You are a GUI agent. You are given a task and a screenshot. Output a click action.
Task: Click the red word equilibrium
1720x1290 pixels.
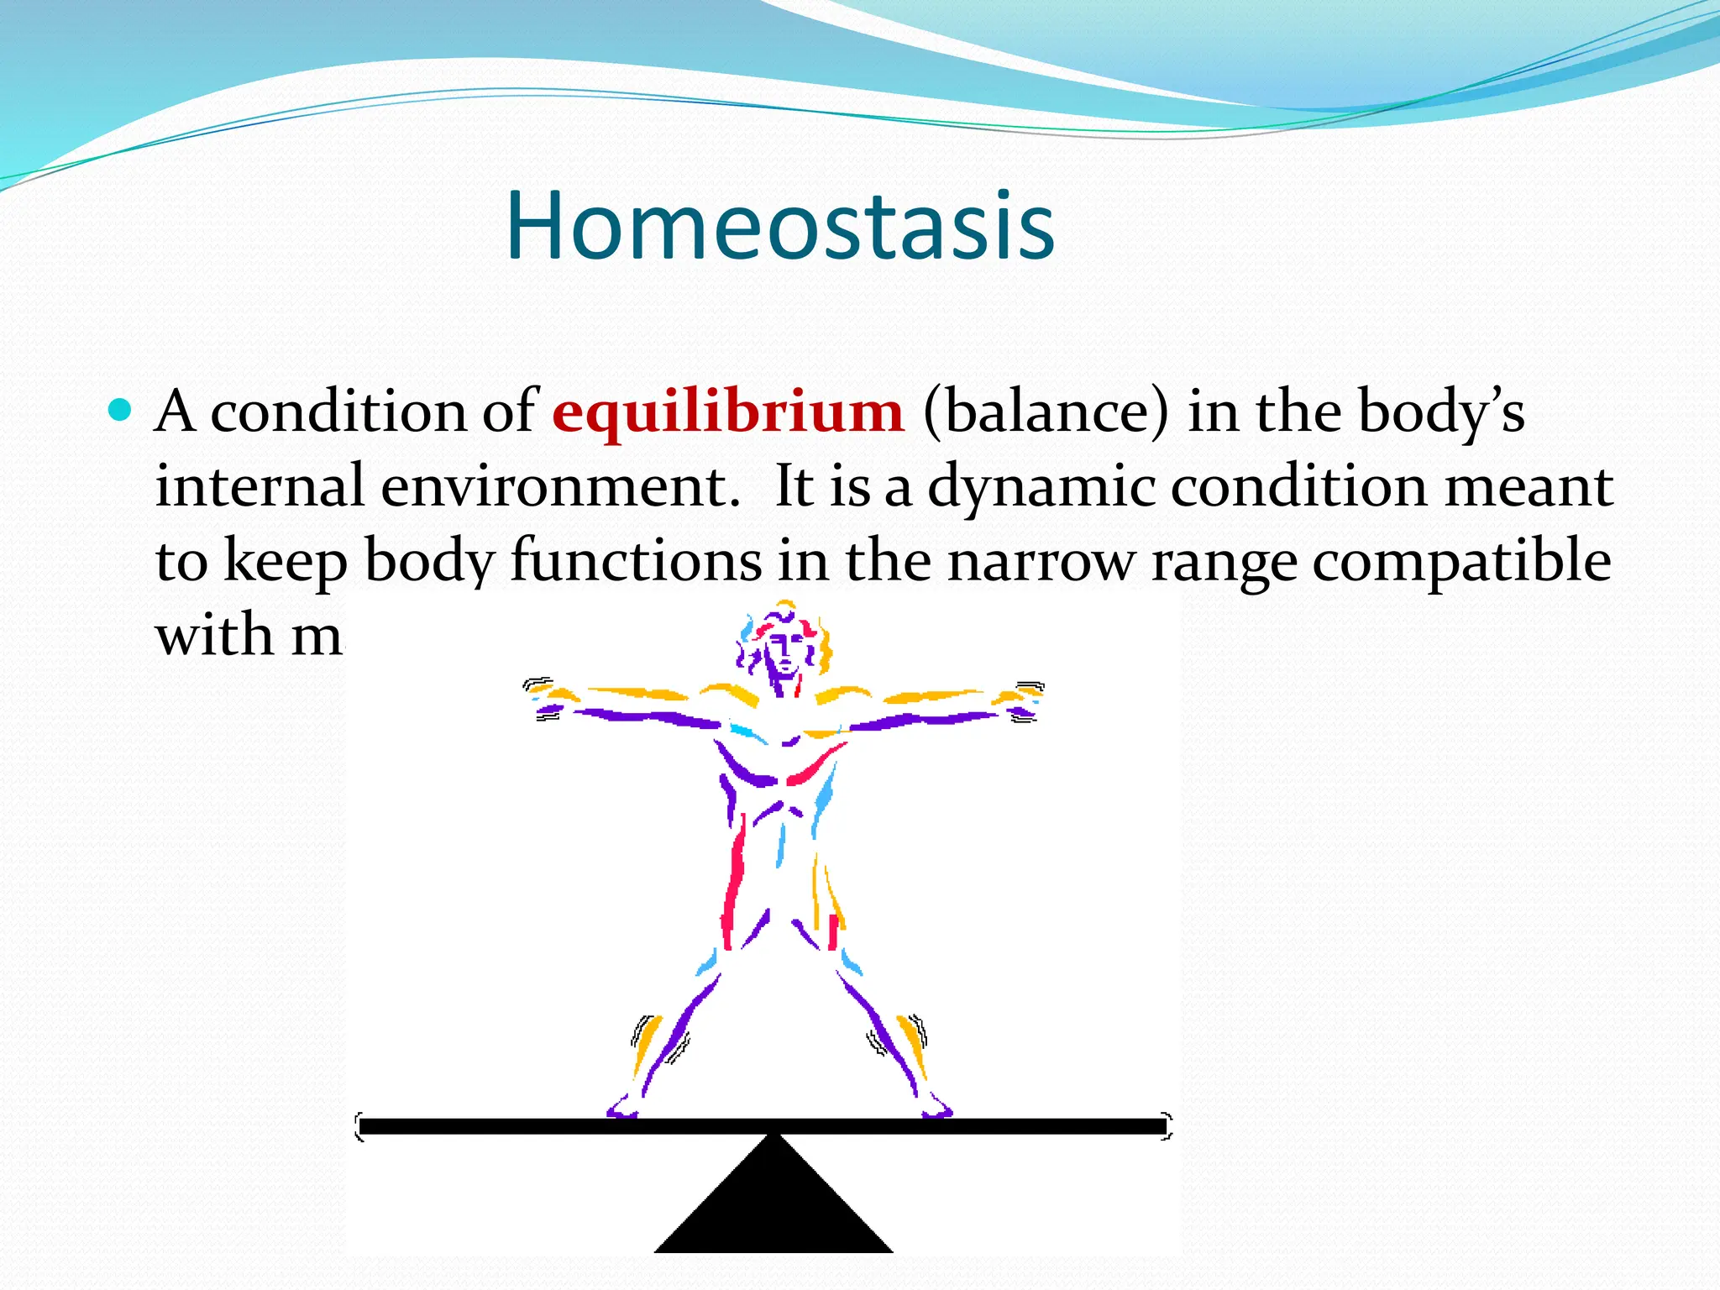[727, 413]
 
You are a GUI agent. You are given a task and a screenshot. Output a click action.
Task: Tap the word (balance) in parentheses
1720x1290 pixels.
[1046, 413]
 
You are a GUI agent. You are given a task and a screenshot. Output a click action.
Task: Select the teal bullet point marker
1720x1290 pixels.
[121, 411]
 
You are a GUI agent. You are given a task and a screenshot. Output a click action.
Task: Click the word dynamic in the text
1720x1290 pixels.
[1041, 487]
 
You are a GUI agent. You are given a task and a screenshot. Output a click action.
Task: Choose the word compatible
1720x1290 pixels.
[1461, 561]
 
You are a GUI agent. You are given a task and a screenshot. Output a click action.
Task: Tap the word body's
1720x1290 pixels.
[1441, 413]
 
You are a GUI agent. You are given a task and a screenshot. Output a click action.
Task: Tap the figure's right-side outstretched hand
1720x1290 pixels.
[1025, 700]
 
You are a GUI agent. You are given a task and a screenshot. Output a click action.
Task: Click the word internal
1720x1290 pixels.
[259, 487]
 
